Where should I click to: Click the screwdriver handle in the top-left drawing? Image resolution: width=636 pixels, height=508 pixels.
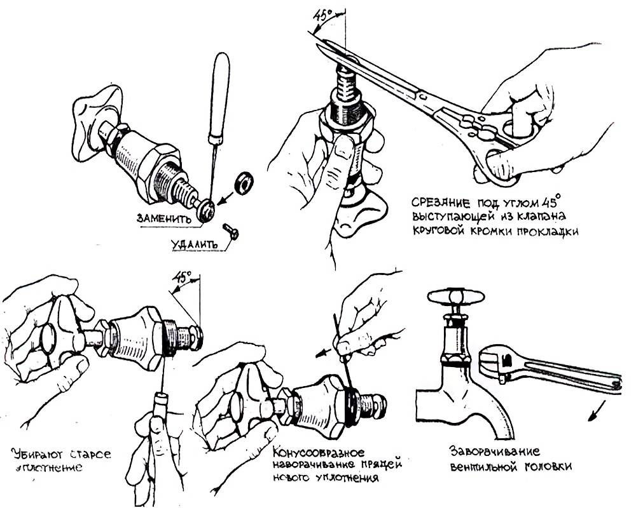[220, 83]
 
